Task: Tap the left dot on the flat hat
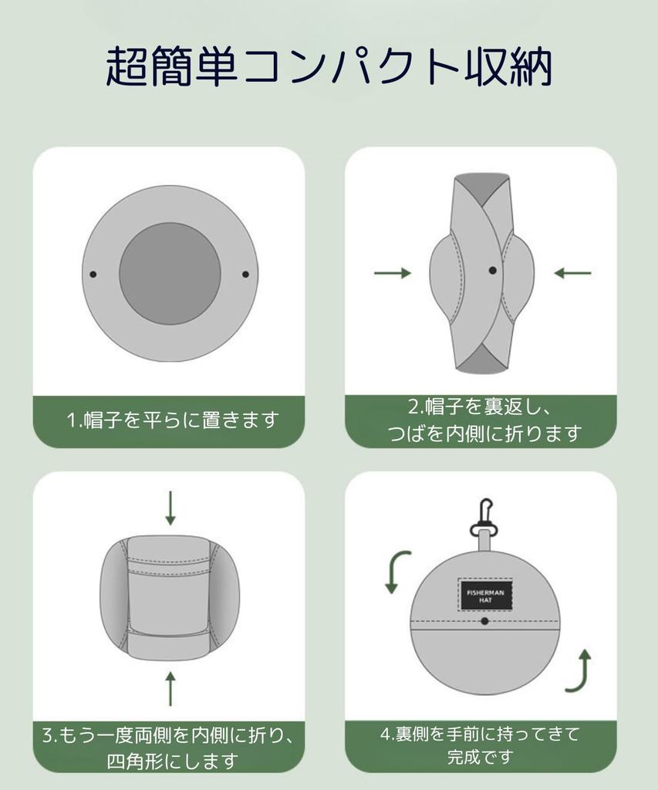pyautogui.click(x=93, y=274)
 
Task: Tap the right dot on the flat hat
pyautogui.click(x=246, y=274)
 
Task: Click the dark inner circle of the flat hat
pyautogui.click(x=170, y=274)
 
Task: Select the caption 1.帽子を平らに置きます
pyautogui.click(x=171, y=420)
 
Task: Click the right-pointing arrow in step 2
pyautogui.click(x=393, y=273)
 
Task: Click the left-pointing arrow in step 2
pyautogui.click(x=572, y=273)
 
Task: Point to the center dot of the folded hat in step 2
pyautogui.click(x=492, y=271)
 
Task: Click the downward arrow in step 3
pyautogui.click(x=170, y=508)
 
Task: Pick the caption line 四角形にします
pyautogui.click(x=171, y=761)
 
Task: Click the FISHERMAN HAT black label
pyautogui.click(x=484, y=594)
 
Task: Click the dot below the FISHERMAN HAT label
pyautogui.click(x=484, y=621)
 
